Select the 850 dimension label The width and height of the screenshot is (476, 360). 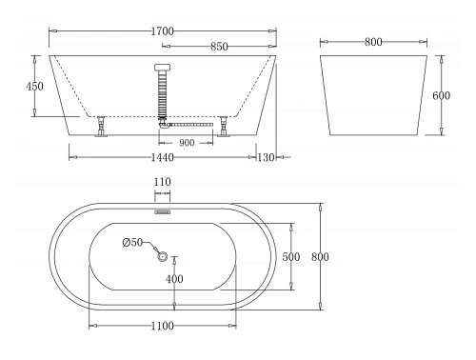(x=218, y=46)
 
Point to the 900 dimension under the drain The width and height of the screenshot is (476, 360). (x=187, y=142)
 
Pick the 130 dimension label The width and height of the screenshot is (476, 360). (x=267, y=158)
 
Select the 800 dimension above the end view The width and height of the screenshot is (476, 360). (x=372, y=42)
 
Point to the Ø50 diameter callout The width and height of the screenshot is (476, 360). (x=132, y=244)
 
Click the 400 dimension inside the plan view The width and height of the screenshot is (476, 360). (x=174, y=279)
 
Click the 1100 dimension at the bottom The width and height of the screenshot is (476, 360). (x=161, y=327)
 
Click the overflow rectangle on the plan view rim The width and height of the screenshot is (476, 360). (x=161, y=202)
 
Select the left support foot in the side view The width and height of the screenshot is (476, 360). (x=99, y=128)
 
